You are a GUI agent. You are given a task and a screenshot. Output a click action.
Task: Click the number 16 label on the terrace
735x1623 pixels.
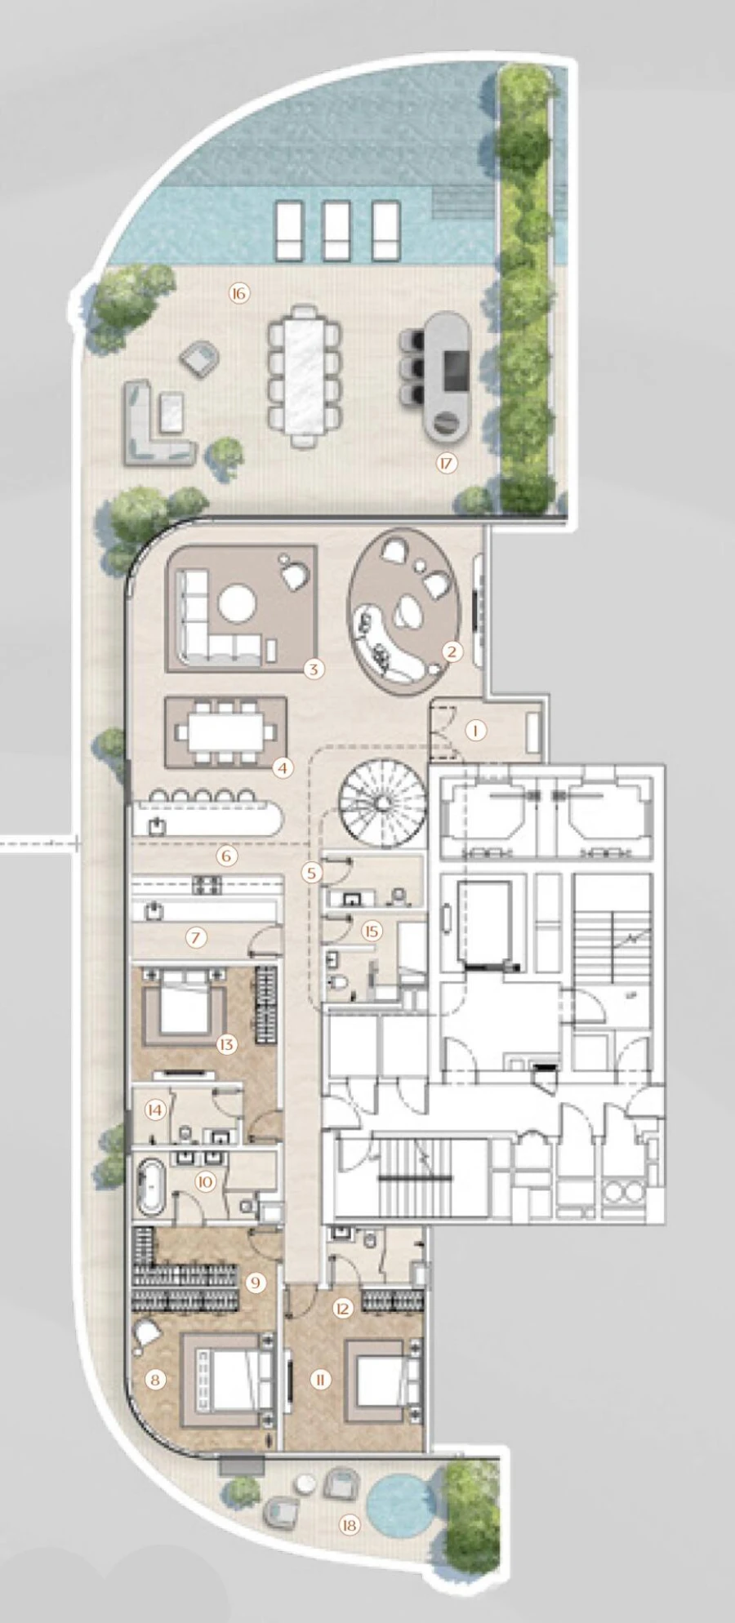[238, 294]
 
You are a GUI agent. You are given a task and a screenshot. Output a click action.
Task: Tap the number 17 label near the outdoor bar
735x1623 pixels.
[446, 464]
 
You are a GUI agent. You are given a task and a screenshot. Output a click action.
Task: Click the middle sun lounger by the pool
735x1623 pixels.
[336, 230]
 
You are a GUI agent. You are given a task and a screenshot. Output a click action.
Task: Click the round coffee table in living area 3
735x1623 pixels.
[237, 605]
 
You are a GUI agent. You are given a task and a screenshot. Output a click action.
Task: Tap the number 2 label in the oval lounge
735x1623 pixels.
[451, 651]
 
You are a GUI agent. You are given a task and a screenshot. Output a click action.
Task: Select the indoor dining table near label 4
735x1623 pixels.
[225, 731]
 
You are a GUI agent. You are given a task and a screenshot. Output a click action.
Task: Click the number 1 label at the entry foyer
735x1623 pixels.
[476, 731]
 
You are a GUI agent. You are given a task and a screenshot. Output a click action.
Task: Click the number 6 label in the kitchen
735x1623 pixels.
[227, 856]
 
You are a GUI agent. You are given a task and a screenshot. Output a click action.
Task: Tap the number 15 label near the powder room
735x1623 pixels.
[372, 931]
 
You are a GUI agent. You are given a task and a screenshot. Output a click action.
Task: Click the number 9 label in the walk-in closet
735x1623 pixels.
[256, 1283]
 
